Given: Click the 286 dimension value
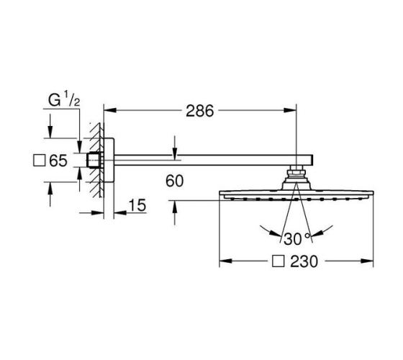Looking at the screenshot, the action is (200, 111).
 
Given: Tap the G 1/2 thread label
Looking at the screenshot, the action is (64, 99).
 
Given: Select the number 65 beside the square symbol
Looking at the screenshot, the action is (58, 161).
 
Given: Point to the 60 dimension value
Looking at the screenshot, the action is (174, 181).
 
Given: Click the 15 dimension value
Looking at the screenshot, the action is (137, 205).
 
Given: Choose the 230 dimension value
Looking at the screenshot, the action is (304, 261).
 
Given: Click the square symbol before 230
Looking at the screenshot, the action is (279, 261).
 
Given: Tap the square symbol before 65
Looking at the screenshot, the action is (40, 160).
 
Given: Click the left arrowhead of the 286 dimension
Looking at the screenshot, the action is (109, 110).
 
